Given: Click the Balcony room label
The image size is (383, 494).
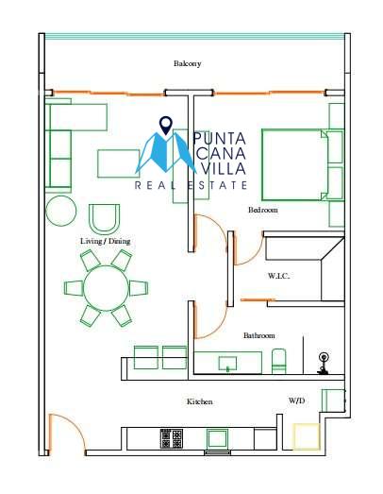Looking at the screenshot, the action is pyautogui.click(x=187, y=63).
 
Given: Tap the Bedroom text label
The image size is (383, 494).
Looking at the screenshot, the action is pyautogui.click(x=263, y=210).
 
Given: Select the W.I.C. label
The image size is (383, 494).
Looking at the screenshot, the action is pyautogui.click(x=279, y=276).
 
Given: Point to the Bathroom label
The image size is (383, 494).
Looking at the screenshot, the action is pyautogui.click(x=259, y=335).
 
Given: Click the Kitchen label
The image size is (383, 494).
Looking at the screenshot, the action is pyautogui.click(x=200, y=401).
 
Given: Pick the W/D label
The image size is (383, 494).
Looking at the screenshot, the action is pyautogui.click(x=297, y=400).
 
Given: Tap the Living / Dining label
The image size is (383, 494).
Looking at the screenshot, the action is pyautogui.click(x=105, y=241).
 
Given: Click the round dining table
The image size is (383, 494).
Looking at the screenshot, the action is pyautogui.click(x=106, y=288).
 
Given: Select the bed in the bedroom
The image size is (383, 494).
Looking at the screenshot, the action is pyautogui.click(x=294, y=164).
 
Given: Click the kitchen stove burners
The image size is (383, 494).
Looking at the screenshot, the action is pyautogui.click(x=172, y=439).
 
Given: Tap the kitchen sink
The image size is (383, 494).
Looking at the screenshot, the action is pyautogui.click(x=218, y=438).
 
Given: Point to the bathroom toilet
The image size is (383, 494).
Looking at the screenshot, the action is pyautogui.click(x=279, y=361).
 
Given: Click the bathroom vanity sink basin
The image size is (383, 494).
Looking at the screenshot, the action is pyautogui.click(x=227, y=364).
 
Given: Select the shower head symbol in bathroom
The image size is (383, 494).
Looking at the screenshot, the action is pyautogui.click(x=323, y=364).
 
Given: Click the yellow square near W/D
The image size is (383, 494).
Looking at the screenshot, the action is pyautogui.click(x=307, y=436).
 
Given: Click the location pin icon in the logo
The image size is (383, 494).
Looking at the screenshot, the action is pyautogui.click(x=166, y=126).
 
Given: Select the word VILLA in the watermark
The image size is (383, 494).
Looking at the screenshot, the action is pyautogui.click(x=224, y=168).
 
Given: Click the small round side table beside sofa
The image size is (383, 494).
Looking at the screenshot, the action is pyautogui.click(x=61, y=211).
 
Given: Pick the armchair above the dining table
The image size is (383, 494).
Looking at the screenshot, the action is pyautogui.click(x=104, y=219).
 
